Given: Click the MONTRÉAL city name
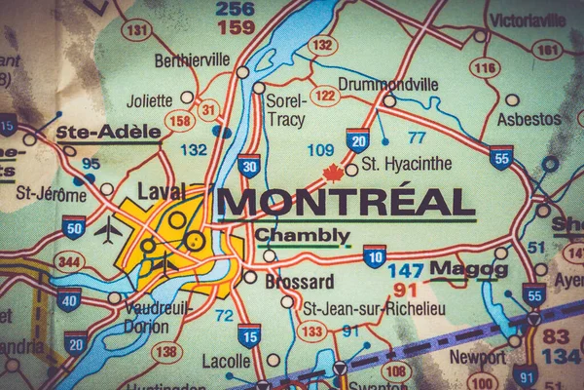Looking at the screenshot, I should (347, 202).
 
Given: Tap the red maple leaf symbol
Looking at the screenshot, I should (334, 174).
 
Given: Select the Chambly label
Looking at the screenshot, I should (302, 235).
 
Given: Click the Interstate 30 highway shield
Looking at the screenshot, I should (249, 166).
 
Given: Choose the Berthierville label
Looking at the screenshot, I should (192, 60).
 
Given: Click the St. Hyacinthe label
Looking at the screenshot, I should (407, 164).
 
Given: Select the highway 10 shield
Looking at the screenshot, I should (375, 255).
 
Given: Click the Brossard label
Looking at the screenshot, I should (301, 282).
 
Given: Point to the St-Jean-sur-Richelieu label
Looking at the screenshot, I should (360, 309).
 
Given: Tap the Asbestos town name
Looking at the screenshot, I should (529, 119).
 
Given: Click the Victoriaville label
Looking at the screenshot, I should (527, 19).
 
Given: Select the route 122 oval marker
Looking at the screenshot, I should (325, 96).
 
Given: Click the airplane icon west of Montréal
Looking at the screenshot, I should (107, 232).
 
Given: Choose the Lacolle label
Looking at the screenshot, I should (227, 361).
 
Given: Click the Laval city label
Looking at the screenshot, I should (161, 191).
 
